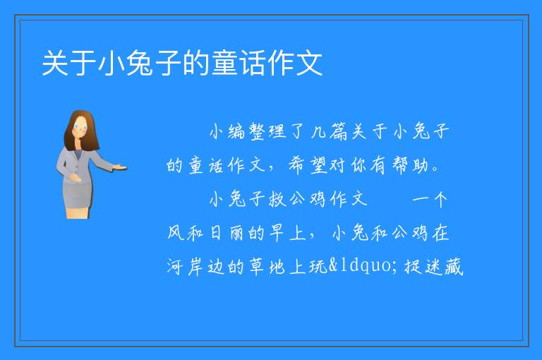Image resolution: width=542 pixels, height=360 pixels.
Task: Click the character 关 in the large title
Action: coord(55,63)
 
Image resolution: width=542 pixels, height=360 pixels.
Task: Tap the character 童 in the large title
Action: coord(224,63)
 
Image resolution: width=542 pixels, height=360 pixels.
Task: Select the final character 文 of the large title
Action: coord(309,63)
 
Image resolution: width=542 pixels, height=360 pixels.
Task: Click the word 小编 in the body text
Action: coord(227,131)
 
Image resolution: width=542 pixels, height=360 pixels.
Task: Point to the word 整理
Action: coord(268,131)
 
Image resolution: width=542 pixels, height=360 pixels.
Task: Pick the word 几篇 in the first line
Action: coord(329,131)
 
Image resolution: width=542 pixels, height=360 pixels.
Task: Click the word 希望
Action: coord(308,165)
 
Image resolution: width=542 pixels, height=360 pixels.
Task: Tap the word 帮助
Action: coord(410,165)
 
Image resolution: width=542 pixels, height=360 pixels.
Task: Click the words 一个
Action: coord(430,199)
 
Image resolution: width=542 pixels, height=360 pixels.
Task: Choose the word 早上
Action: coord(288,233)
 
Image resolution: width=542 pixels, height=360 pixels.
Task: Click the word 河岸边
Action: coord(195,267)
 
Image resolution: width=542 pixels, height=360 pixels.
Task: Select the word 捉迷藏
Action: coord(433,267)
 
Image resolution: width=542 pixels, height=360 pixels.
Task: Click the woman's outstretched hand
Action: coord(119,168)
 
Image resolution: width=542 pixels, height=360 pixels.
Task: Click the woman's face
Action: coord(81,127)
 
